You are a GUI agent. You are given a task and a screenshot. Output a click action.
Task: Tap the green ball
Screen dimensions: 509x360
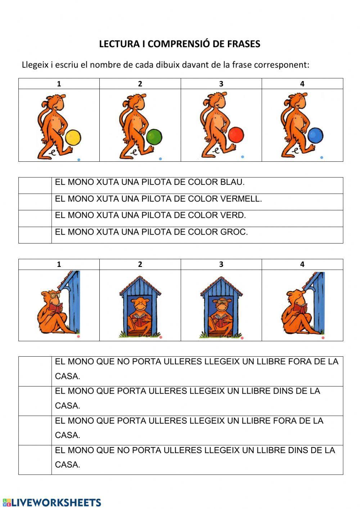pos(154,137)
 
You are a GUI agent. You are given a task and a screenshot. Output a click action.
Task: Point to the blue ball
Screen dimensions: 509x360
pos(316,136)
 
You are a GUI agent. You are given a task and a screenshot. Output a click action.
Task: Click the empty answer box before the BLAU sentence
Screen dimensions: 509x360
pos(35,186)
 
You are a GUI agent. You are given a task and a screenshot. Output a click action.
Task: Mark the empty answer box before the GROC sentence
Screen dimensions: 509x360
pos(35,235)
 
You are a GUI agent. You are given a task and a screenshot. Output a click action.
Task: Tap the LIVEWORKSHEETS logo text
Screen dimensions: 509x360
pos(56,503)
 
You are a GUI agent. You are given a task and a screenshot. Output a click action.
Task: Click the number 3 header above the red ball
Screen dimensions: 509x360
pos(221,84)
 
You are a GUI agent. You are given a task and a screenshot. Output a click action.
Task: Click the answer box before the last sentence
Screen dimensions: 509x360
pos(35,460)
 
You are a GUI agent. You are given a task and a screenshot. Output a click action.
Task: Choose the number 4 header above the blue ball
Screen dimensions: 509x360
pos(302,84)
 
